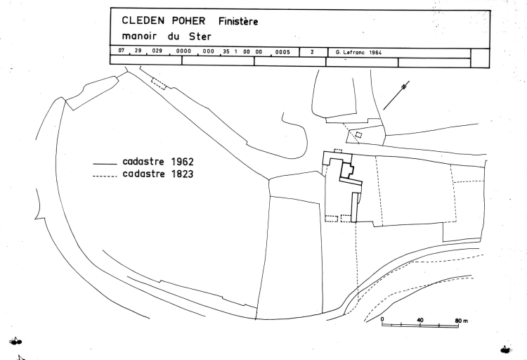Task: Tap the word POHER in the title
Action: point(188,21)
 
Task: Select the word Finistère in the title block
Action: point(238,22)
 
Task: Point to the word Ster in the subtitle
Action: point(200,36)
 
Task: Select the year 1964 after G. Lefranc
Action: point(375,53)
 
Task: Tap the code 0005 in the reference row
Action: point(282,52)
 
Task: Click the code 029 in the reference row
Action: point(157,51)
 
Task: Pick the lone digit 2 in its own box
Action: point(312,52)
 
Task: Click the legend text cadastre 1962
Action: point(158,162)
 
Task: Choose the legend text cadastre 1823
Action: point(158,174)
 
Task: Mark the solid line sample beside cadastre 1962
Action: point(105,164)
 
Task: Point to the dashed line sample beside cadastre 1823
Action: point(105,176)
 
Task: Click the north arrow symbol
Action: point(396,95)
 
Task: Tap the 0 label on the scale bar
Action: point(382,319)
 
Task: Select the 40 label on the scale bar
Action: point(420,320)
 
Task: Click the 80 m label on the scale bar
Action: point(462,321)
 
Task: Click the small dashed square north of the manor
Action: point(358,135)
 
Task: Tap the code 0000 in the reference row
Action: point(183,51)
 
